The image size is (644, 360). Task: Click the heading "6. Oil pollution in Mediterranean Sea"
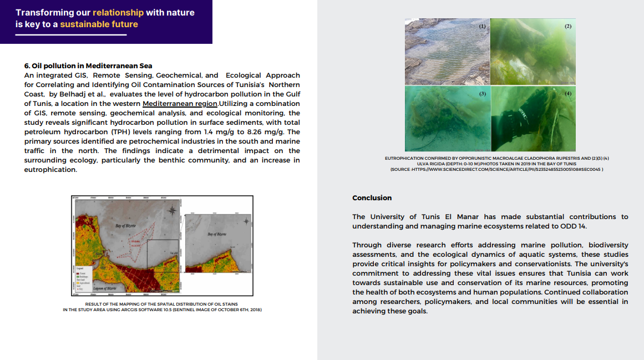[88, 65]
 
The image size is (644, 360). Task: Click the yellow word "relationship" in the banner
[118, 12]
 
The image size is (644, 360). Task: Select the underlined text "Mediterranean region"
[180, 104]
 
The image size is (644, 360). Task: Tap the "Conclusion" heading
[372, 198]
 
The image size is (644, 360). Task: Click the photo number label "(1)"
[482, 27]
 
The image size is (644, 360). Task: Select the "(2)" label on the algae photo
[567, 27]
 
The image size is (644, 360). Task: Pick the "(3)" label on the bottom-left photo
[482, 94]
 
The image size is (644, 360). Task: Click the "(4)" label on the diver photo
[567, 94]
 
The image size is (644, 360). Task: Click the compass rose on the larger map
[174, 210]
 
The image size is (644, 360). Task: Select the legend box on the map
[83, 278]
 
